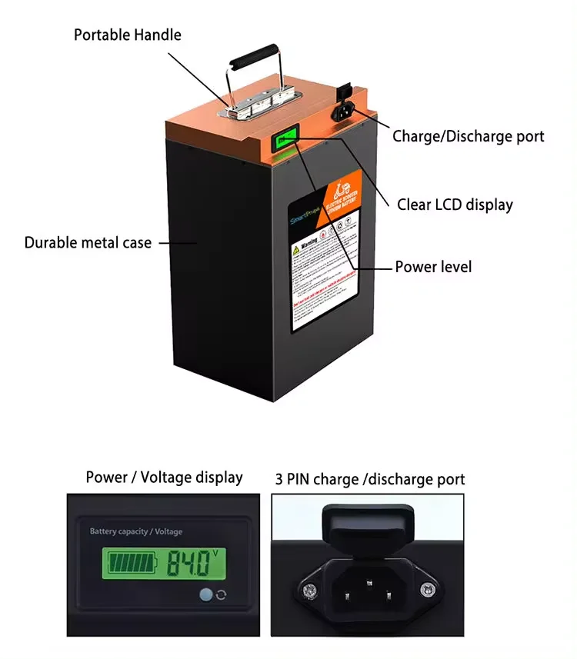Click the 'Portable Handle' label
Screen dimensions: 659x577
point(128,35)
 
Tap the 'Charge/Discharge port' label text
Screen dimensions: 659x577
point(468,136)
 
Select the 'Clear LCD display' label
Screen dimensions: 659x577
point(455,205)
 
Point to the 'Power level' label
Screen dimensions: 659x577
point(433,267)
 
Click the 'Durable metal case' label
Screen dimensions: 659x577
point(88,242)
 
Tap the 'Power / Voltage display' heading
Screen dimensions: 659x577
point(164,478)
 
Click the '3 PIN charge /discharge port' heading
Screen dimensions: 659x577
point(370,479)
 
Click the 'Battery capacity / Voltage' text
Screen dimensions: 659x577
point(136,531)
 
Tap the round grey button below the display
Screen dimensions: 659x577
point(205,594)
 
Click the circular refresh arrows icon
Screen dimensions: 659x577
point(222,594)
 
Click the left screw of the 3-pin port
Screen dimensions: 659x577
point(310,591)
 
